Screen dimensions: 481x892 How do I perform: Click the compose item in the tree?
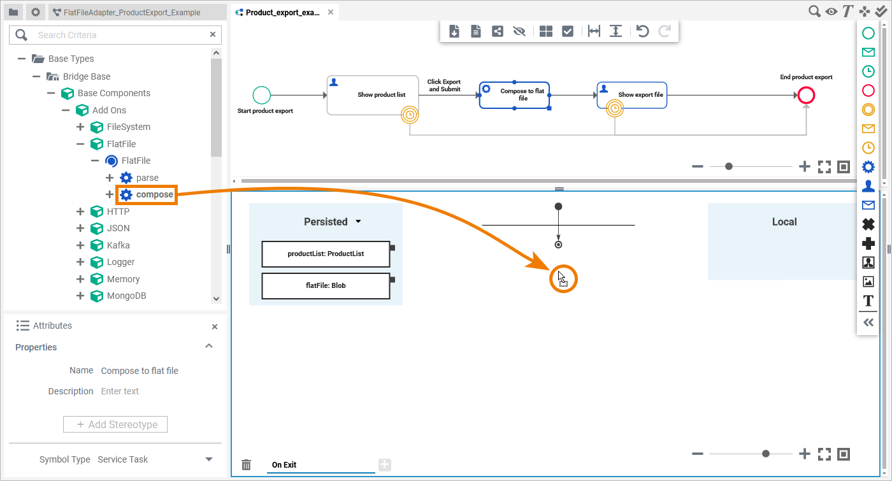[x=154, y=194]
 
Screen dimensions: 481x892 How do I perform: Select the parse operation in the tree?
[x=147, y=178]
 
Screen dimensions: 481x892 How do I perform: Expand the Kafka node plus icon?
[x=80, y=245]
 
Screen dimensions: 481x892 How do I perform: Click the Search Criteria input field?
[x=121, y=35]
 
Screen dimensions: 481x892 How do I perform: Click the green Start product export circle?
[x=262, y=96]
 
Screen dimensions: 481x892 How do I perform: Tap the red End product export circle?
[x=806, y=96]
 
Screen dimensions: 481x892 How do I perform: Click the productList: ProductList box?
[x=326, y=254]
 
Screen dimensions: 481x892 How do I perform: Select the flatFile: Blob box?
[x=326, y=285]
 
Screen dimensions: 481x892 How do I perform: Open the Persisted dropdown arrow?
[x=358, y=222]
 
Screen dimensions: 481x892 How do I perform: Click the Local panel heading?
[x=784, y=222]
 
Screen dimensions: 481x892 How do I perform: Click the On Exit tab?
[x=284, y=464]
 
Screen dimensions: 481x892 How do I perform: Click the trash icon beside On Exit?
[x=247, y=465]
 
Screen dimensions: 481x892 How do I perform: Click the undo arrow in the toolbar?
[x=643, y=31]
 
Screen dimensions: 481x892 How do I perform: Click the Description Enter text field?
[x=153, y=391]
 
